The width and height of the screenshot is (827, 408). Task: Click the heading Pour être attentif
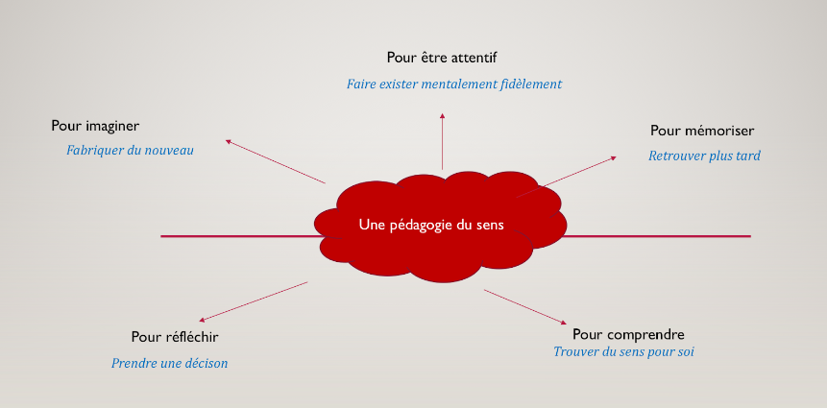pyautogui.click(x=442, y=58)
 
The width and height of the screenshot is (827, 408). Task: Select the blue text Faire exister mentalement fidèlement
pyautogui.click(x=454, y=84)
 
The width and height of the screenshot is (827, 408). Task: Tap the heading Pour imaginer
pyautogui.click(x=95, y=126)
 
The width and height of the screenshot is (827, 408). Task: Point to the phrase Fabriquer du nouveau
pyautogui.click(x=130, y=150)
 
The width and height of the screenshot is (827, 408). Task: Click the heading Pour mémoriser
pyautogui.click(x=702, y=131)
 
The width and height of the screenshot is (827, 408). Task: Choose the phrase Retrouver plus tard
pyautogui.click(x=704, y=156)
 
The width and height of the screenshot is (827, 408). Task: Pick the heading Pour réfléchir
pyautogui.click(x=175, y=337)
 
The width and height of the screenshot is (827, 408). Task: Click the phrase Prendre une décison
pyautogui.click(x=169, y=363)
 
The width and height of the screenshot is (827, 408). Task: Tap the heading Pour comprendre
pyautogui.click(x=628, y=335)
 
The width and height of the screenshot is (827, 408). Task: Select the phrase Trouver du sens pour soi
pyautogui.click(x=623, y=351)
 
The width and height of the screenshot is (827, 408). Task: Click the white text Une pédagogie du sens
pyautogui.click(x=431, y=225)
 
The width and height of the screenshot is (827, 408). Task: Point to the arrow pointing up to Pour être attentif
pyautogui.click(x=442, y=141)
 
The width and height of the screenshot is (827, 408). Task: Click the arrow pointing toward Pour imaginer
pyautogui.click(x=275, y=161)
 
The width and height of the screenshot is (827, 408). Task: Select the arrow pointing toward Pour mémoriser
pyautogui.click(x=566, y=177)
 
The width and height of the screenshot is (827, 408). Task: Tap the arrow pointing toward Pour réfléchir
pyautogui.click(x=254, y=301)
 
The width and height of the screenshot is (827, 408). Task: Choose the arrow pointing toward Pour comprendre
pyautogui.click(x=525, y=307)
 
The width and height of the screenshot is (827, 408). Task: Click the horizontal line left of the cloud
pyautogui.click(x=241, y=236)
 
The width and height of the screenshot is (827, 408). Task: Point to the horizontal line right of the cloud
pyautogui.click(x=656, y=236)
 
